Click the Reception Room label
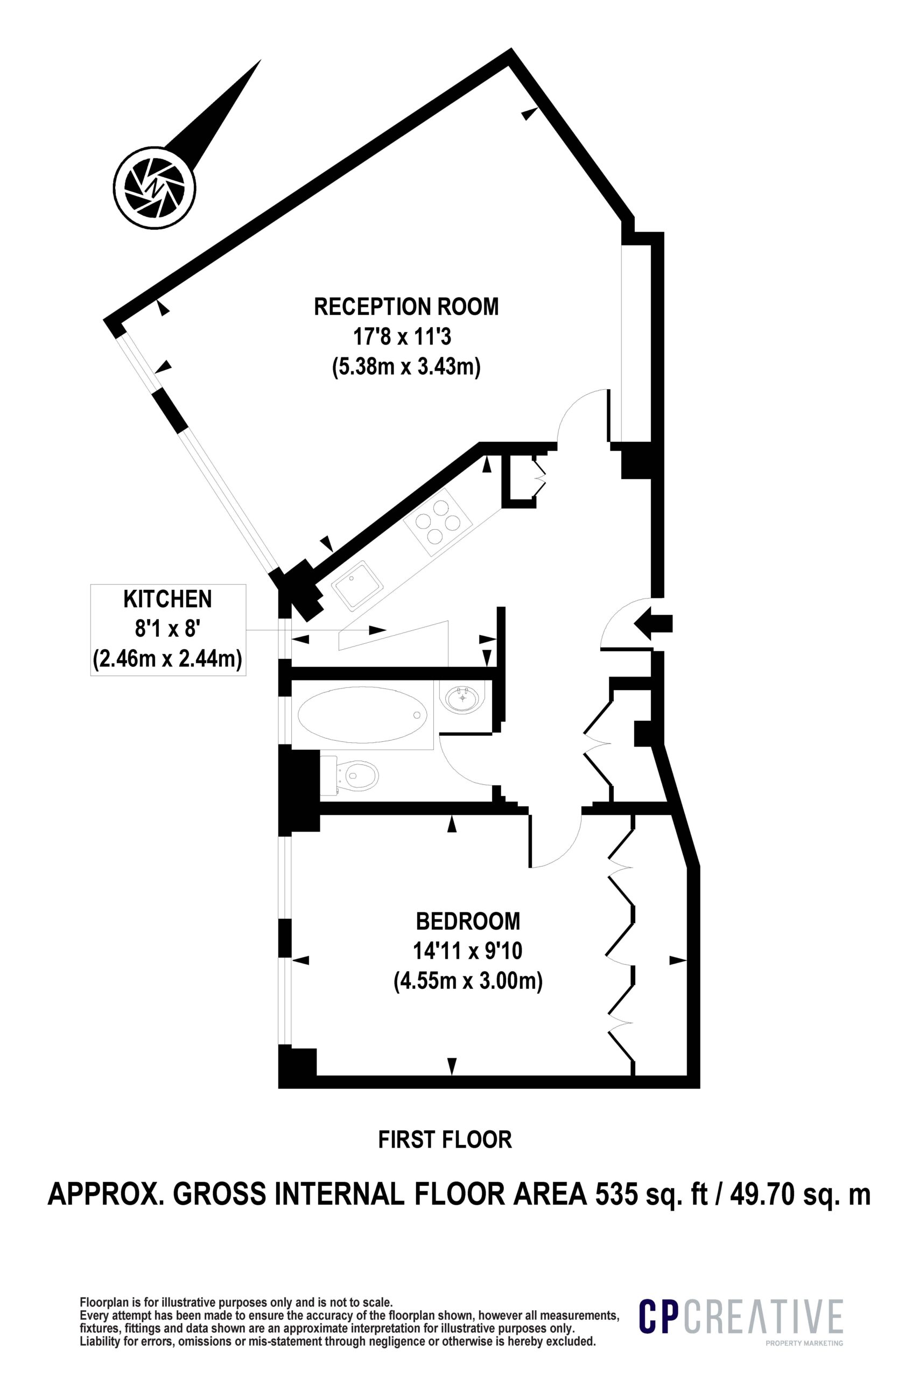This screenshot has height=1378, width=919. pyautogui.click(x=406, y=307)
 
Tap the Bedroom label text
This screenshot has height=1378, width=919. pyautogui.click(x=468, y=921)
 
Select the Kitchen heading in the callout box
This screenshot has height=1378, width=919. pyautogui.click(x=167, y=599)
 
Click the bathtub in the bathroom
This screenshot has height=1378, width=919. pyautogui.click(x=363, y=715)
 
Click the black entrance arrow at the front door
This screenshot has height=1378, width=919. pyautogui.click(x=654, y=623)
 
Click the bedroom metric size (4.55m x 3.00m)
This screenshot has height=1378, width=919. pyautogui.click(x=468, y=981)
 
